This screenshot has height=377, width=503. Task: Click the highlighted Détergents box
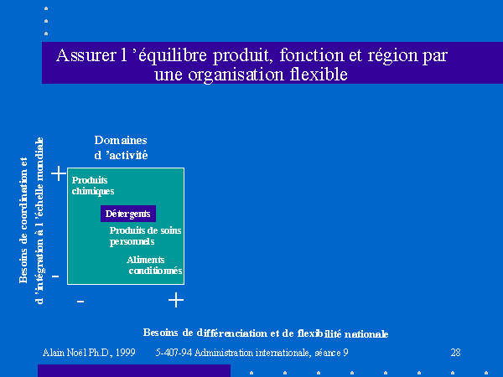click(x=128, y=214)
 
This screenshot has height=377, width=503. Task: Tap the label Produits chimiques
click(x=93, y=186)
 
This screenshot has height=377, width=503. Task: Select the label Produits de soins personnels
click(x=145, y=236)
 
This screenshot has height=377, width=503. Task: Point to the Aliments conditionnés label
click(x=154, y=265)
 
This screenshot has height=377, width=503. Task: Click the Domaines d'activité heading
click(x=121, y=147)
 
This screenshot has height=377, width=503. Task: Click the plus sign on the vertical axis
click(x=59, y=173)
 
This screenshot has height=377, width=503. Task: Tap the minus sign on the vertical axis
click(x=55, y=276)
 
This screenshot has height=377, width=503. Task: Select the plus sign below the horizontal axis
click(x=176, y=300)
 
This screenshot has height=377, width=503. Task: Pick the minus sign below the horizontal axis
click(x=80, y=302)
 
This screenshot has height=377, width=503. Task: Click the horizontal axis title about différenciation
click(x=266, y=333)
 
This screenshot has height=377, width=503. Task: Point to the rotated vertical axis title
click(x=31, y=220)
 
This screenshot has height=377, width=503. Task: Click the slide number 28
click(x=455, y=353)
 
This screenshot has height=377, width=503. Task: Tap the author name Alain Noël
click(x=65, y=353)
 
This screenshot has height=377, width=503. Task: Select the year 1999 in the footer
click(x=126, y=353)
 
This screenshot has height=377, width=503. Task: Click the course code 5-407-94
click(x=174, y=353)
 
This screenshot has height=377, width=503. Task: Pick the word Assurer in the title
click(x=86, y=55)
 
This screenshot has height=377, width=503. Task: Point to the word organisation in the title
click(x=236, y=75)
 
